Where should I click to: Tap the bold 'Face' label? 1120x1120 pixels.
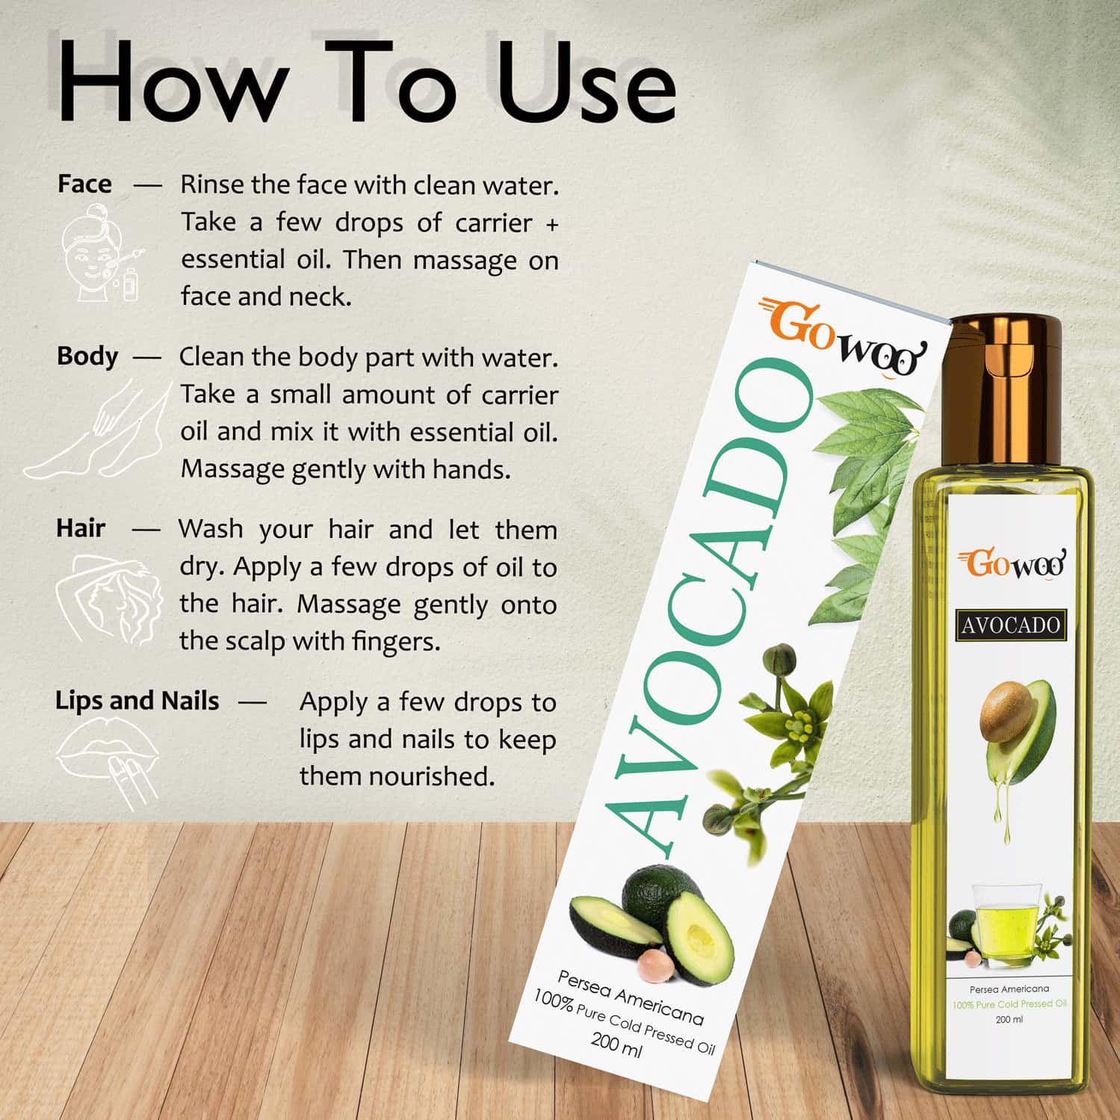click(84, 184)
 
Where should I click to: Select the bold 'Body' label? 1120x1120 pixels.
click(87, 356)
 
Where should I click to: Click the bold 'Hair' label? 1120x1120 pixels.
click(81, 528)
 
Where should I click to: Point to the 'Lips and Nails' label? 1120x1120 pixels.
click(137, 701)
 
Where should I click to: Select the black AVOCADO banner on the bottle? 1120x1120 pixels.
click(1011, 625)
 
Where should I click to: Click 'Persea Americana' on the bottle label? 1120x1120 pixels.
click(1009, 988)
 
